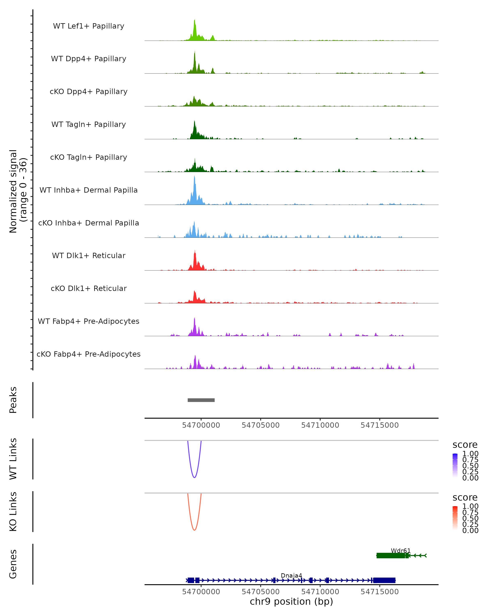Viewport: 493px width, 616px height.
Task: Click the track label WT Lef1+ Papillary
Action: pos(89,26)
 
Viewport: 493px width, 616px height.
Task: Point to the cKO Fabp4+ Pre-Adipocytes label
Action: pos(89,354)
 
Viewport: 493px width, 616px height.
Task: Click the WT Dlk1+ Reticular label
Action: pos(89,255)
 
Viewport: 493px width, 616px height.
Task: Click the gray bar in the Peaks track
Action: pos(201,400)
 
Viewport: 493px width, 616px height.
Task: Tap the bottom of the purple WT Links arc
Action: pos(194,477)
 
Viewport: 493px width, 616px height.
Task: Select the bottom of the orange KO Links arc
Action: pos(194,530)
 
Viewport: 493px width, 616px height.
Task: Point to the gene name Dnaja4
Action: pos(291,575)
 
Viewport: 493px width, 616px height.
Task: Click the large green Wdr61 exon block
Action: pos(391,555)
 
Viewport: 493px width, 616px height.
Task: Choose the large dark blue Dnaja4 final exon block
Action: pos(384,580)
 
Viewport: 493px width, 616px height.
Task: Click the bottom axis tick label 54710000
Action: pos(320,592)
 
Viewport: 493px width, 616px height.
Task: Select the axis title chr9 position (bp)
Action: pos(291,602)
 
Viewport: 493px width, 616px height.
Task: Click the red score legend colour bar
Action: pos(455,518)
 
